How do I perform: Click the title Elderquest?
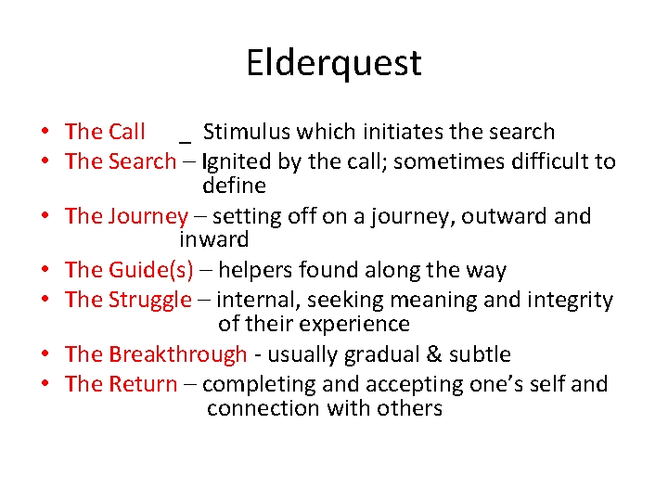click(334, 63)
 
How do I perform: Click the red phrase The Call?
click(105, 132)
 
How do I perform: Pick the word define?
click(234, 186)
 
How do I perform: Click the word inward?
click(214, 239)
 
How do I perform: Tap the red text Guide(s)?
click(151, 271)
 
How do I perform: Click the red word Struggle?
click(150, 300)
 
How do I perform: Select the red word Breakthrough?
click(177, 354)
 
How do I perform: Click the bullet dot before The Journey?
click(45, 217)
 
